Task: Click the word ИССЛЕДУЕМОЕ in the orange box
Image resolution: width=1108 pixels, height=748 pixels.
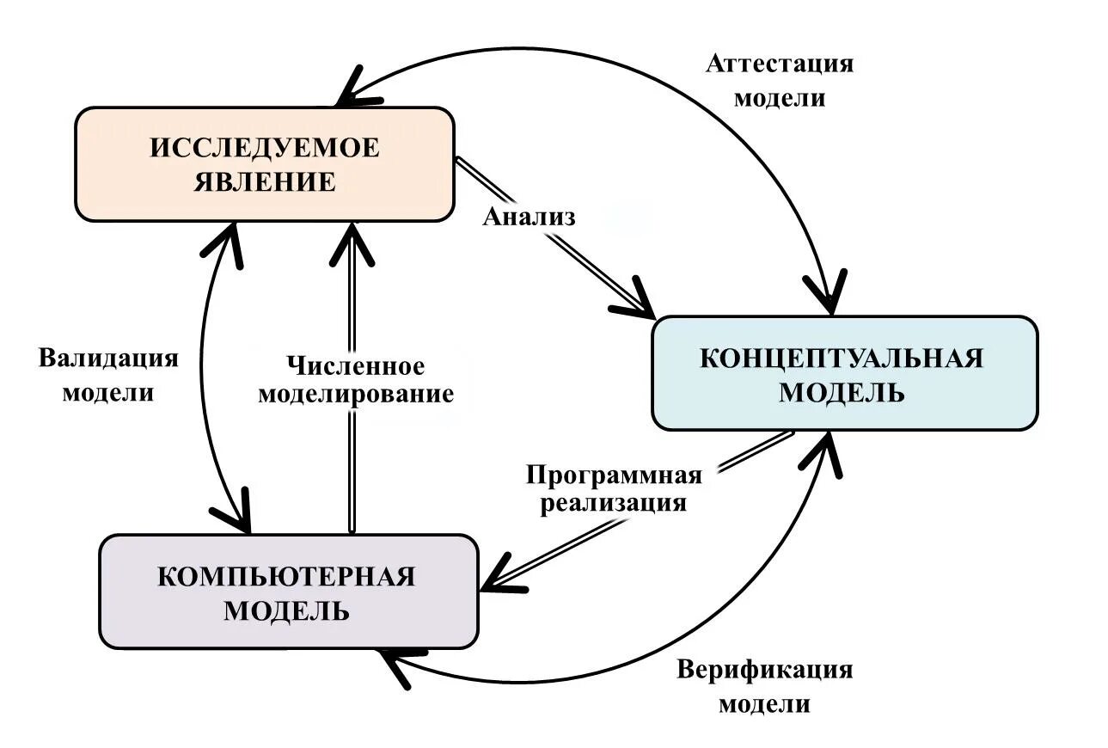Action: click(265, 148)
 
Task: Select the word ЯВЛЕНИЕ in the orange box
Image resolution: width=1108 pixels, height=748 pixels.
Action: click(265, 182)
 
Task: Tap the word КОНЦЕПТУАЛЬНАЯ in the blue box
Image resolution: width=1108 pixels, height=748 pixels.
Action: click(841, 358)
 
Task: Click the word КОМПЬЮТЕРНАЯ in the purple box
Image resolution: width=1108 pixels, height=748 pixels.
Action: click(286, 576)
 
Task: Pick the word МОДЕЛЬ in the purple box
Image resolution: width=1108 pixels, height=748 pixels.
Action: click(286, 611)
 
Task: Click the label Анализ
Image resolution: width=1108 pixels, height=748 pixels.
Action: click(529, 216)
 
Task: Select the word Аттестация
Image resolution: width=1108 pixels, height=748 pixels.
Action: click(779, 64)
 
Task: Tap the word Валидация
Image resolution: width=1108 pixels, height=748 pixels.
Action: click(108, 358)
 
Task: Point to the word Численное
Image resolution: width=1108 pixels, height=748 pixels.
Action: click(355, 366)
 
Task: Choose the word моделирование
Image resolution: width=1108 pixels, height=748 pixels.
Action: click(355, 395)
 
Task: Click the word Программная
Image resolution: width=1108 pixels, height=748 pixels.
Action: click(614, 475)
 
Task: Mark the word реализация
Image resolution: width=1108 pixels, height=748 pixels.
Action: click(614, 502)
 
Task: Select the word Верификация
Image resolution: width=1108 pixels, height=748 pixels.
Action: click(764, 670)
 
